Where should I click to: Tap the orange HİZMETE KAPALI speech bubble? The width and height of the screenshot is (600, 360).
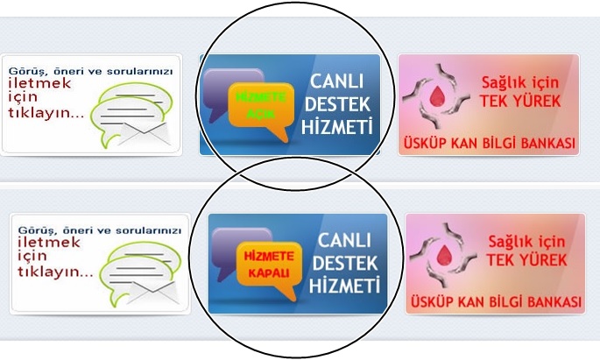click(x=268, y=261)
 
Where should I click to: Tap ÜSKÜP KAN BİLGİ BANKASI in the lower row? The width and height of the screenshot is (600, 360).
click(x=495, y=302)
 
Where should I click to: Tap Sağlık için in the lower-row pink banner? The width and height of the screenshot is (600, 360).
click(x=524, y=240)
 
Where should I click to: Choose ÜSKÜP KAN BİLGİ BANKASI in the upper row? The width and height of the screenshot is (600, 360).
click(x=488, y=143)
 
